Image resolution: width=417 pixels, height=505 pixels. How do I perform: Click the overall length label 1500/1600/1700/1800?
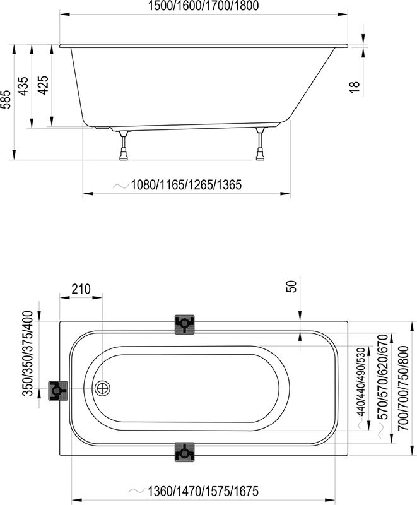203,6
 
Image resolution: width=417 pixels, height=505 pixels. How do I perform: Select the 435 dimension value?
23,86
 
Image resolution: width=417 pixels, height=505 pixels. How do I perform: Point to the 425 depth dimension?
43,85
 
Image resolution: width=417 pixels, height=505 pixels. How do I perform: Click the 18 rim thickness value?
354,87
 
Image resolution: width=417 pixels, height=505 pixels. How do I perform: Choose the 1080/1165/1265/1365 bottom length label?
186,185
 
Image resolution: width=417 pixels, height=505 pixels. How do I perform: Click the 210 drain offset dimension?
81,289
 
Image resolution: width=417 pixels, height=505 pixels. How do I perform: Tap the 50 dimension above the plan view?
291,287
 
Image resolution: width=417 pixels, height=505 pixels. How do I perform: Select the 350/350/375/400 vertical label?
28,353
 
